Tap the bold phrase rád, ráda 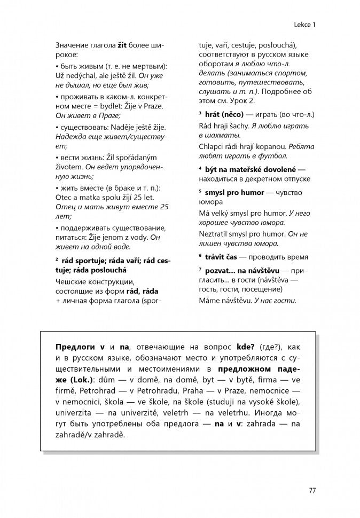tap(141, 292)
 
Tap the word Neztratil tap(216, 233)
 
